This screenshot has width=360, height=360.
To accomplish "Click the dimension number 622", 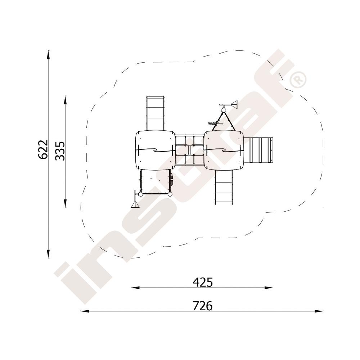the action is click(43, 149).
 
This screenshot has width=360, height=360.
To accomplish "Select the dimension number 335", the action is click(60, 151).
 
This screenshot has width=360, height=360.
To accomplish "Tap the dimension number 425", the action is click(203, 282).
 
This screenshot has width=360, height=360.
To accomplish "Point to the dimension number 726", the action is click(202, 306).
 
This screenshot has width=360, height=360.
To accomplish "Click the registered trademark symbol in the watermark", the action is click(298, 80).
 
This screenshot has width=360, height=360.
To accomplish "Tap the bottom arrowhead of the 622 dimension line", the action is click(48, 254).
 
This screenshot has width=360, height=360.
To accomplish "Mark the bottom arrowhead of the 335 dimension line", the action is click(66, 203).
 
